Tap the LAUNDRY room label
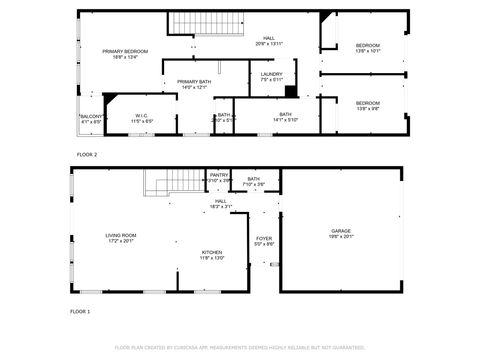pos(271,76)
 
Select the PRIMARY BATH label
pos(194,84)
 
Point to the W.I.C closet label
pos(142,118)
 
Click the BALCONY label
pos(90,118)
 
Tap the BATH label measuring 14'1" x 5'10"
pos(285,117)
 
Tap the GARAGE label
pos(341,233)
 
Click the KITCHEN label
pos(211,254)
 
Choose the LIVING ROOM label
pos(121,238)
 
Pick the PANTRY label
pos(219,177)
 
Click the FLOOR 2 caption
pos(88,154)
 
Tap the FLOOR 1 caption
pos(80,312)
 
